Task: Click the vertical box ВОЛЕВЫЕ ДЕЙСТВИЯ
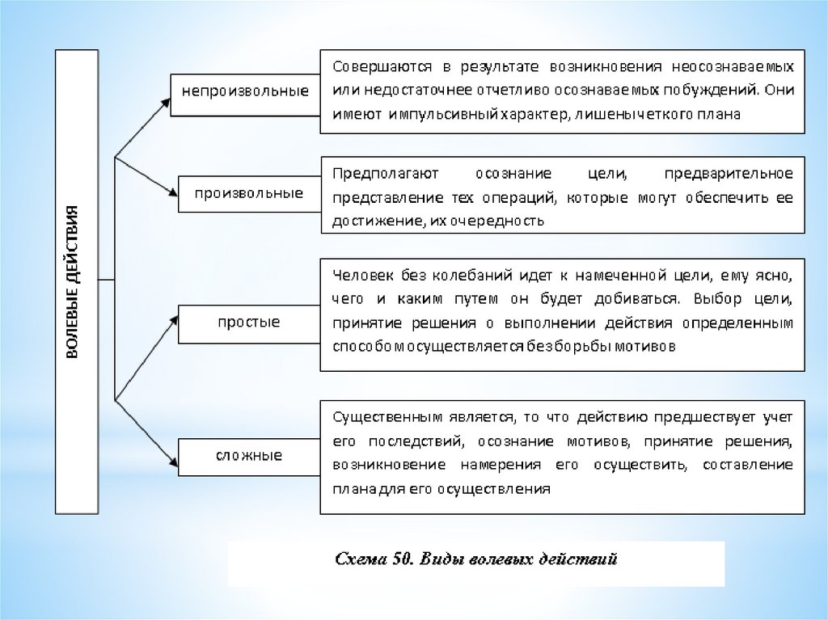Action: click(x=76, y=280)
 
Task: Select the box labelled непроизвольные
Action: click(x=245, y=90)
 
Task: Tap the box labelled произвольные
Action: click(x=248, y=193)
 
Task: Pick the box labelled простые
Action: click(x=248, y=323)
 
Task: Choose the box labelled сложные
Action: click(x=248, y=456)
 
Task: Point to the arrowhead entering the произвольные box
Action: click(x=171, y=192)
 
